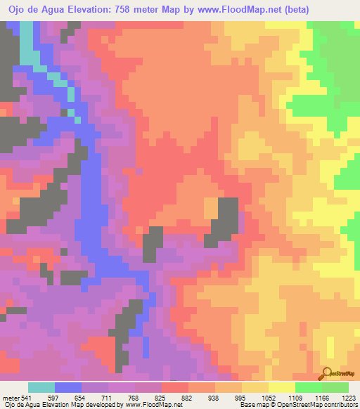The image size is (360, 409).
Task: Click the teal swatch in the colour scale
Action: click(x=41, y=387)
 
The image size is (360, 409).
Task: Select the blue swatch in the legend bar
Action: click(x=67, y=387)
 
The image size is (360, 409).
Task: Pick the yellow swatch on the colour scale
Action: click(x=282, y=387)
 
